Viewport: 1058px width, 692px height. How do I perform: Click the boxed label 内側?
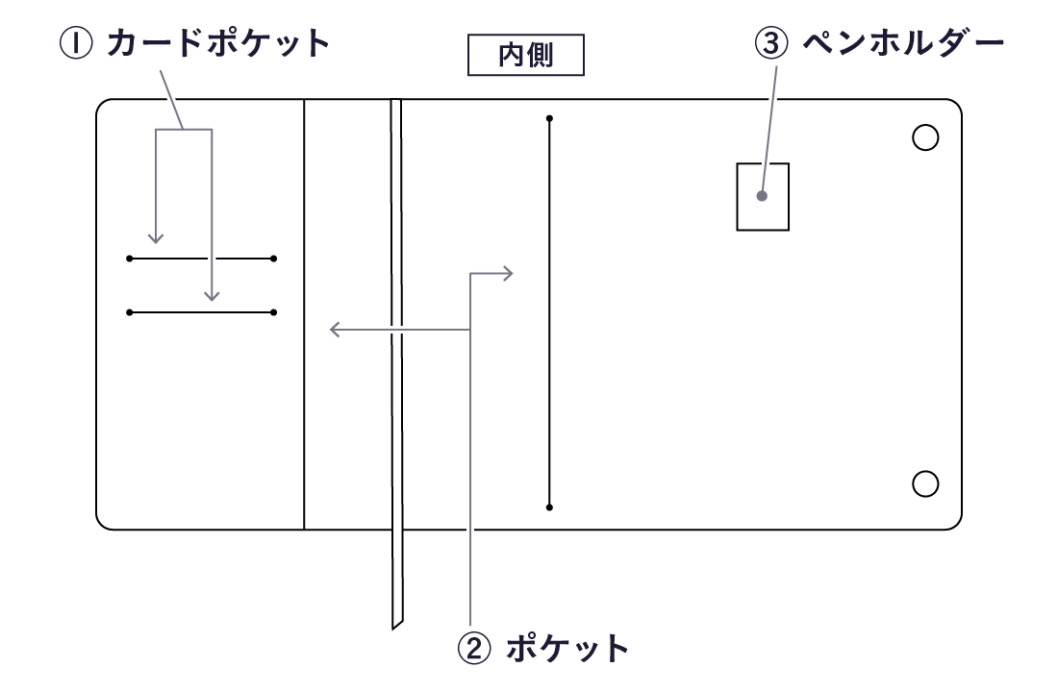525,57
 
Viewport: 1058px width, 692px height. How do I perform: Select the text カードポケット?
218,43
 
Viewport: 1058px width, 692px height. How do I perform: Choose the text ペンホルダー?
903,43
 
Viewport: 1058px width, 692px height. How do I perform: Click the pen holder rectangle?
763,196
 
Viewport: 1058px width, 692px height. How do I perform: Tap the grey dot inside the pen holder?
762,196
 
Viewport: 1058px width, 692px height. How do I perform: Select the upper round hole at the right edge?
924,137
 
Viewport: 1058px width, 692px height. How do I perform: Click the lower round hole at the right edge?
924,483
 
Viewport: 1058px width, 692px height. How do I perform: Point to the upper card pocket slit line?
201,259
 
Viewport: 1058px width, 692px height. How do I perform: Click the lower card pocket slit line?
201,312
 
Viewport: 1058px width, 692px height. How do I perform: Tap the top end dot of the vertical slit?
549,119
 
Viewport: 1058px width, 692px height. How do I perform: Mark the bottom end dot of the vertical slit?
549,507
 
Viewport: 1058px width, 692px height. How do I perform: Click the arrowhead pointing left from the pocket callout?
333,331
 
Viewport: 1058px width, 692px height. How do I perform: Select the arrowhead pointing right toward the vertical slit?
510,274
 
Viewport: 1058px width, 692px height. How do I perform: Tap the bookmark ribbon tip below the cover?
396,620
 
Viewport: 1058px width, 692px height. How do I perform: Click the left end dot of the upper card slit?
129,259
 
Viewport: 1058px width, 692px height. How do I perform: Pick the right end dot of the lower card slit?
274,312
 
